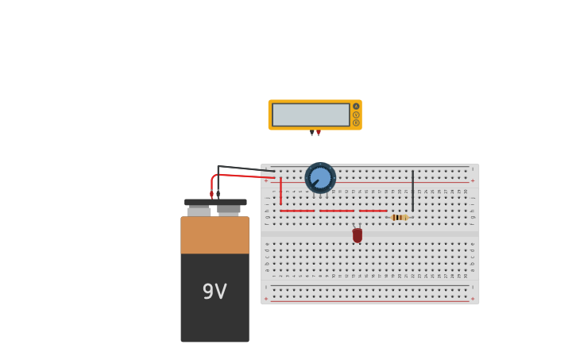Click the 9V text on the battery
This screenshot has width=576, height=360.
215,292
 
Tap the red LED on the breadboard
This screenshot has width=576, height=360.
358,235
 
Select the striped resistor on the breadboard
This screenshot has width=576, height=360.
399,217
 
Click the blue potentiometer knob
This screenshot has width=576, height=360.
320,178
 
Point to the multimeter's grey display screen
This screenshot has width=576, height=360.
311,114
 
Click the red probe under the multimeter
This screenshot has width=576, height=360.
319,134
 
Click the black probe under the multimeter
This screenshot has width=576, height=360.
311,134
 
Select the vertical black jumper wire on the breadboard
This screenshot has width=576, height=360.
412,191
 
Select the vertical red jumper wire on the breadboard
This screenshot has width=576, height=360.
280,191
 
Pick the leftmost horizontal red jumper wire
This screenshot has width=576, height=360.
296,211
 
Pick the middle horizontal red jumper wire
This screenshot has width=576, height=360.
337,211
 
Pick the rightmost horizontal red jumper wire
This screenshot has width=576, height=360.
373,211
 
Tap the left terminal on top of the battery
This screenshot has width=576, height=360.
199,211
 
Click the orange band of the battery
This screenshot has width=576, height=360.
215,235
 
